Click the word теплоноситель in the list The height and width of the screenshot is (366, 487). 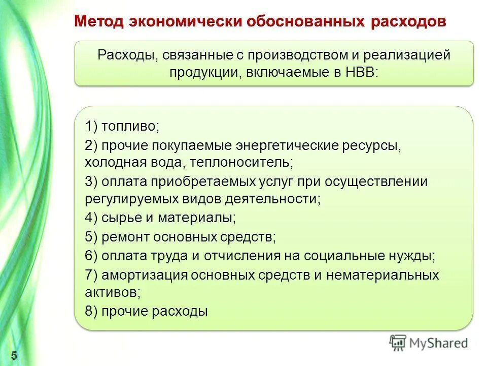pyautogui.click(x=250, y=163)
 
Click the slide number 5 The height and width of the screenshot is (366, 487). pyautogui.click(x=14, y=355)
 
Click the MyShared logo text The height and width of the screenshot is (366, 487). pyautogui.click(x=439, y=343)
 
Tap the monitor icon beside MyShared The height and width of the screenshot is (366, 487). pyautogui.click(x=398, y=343)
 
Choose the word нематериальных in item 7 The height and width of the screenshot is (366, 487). pyautogui.click(x=382, y=275)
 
